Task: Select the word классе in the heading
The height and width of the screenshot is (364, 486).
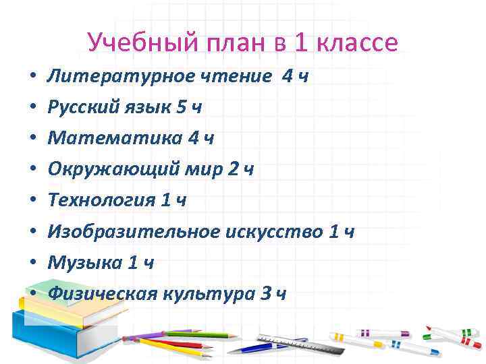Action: tap(358, 43)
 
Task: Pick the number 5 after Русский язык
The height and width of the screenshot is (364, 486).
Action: tap(179, 107)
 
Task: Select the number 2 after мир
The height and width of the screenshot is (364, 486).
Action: tap(233, 170)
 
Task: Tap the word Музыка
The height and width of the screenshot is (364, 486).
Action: tap(84, 263)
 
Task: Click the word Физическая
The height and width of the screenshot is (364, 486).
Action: tap(102, 294)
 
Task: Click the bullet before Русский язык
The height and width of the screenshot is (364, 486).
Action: tap(32, 107)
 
